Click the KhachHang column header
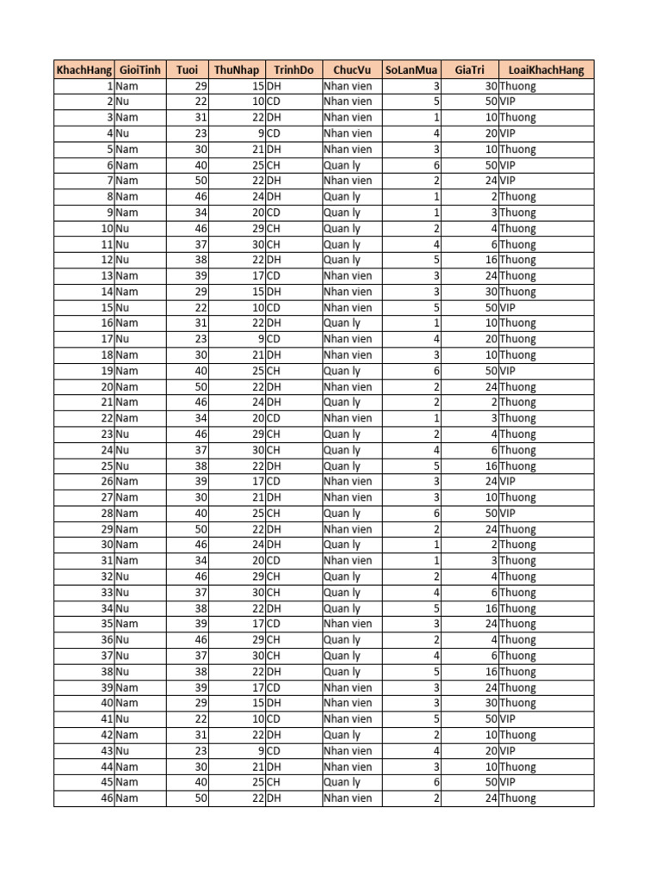pos(83,71)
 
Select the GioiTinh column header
pos(140,71)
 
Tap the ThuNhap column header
pos(237,71)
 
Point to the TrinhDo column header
pos(293,71)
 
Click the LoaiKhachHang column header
pos(546,71)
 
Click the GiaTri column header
pos(470,71)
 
